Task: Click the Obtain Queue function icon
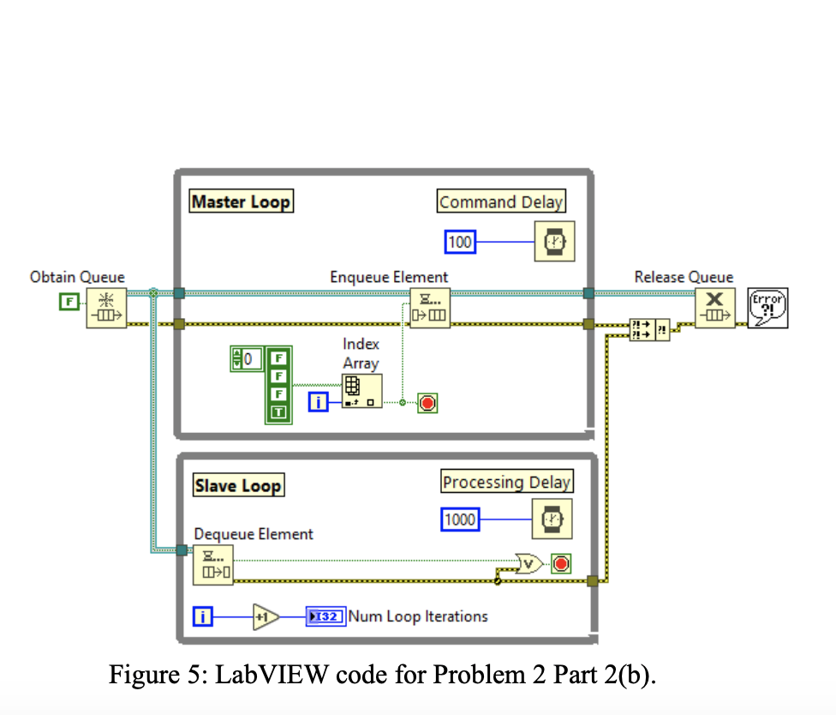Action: point(106,309)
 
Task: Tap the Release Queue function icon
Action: point(714,309)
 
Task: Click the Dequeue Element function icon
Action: point(212,565)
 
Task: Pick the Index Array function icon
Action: point(361,390)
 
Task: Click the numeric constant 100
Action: point(461,243)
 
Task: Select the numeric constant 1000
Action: point(460,520)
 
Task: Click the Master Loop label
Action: point(241,201)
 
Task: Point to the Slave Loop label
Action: point(237,486)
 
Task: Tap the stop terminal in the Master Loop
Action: point(427,402)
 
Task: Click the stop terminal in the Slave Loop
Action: point(562,563)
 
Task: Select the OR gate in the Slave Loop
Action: point(531,563)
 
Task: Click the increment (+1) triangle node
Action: point(266,616)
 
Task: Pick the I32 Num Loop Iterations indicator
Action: point(325,616)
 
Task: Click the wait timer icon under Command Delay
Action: point(554,243)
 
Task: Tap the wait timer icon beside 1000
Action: point(554,520)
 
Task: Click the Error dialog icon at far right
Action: point(767,309)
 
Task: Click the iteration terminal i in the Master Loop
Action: point(318,402)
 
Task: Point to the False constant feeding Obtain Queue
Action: point(69,302)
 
